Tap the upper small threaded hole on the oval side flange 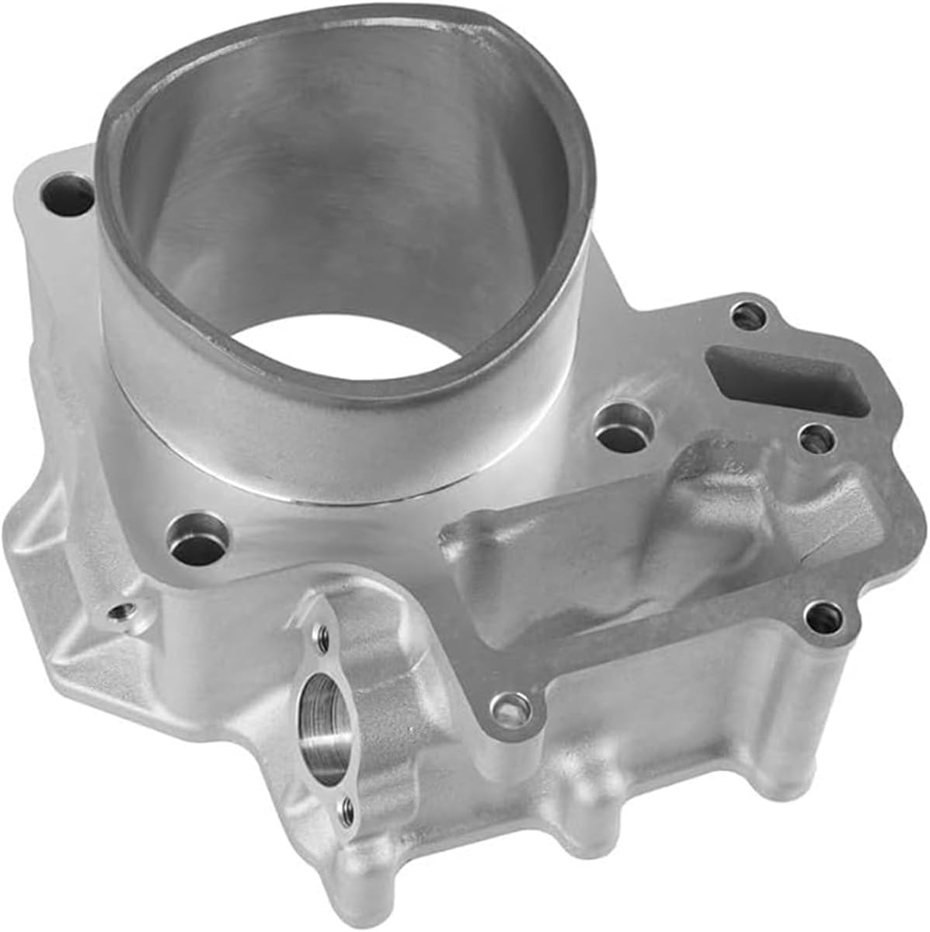tap(320, 640)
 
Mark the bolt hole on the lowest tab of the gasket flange tap(508, 707)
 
